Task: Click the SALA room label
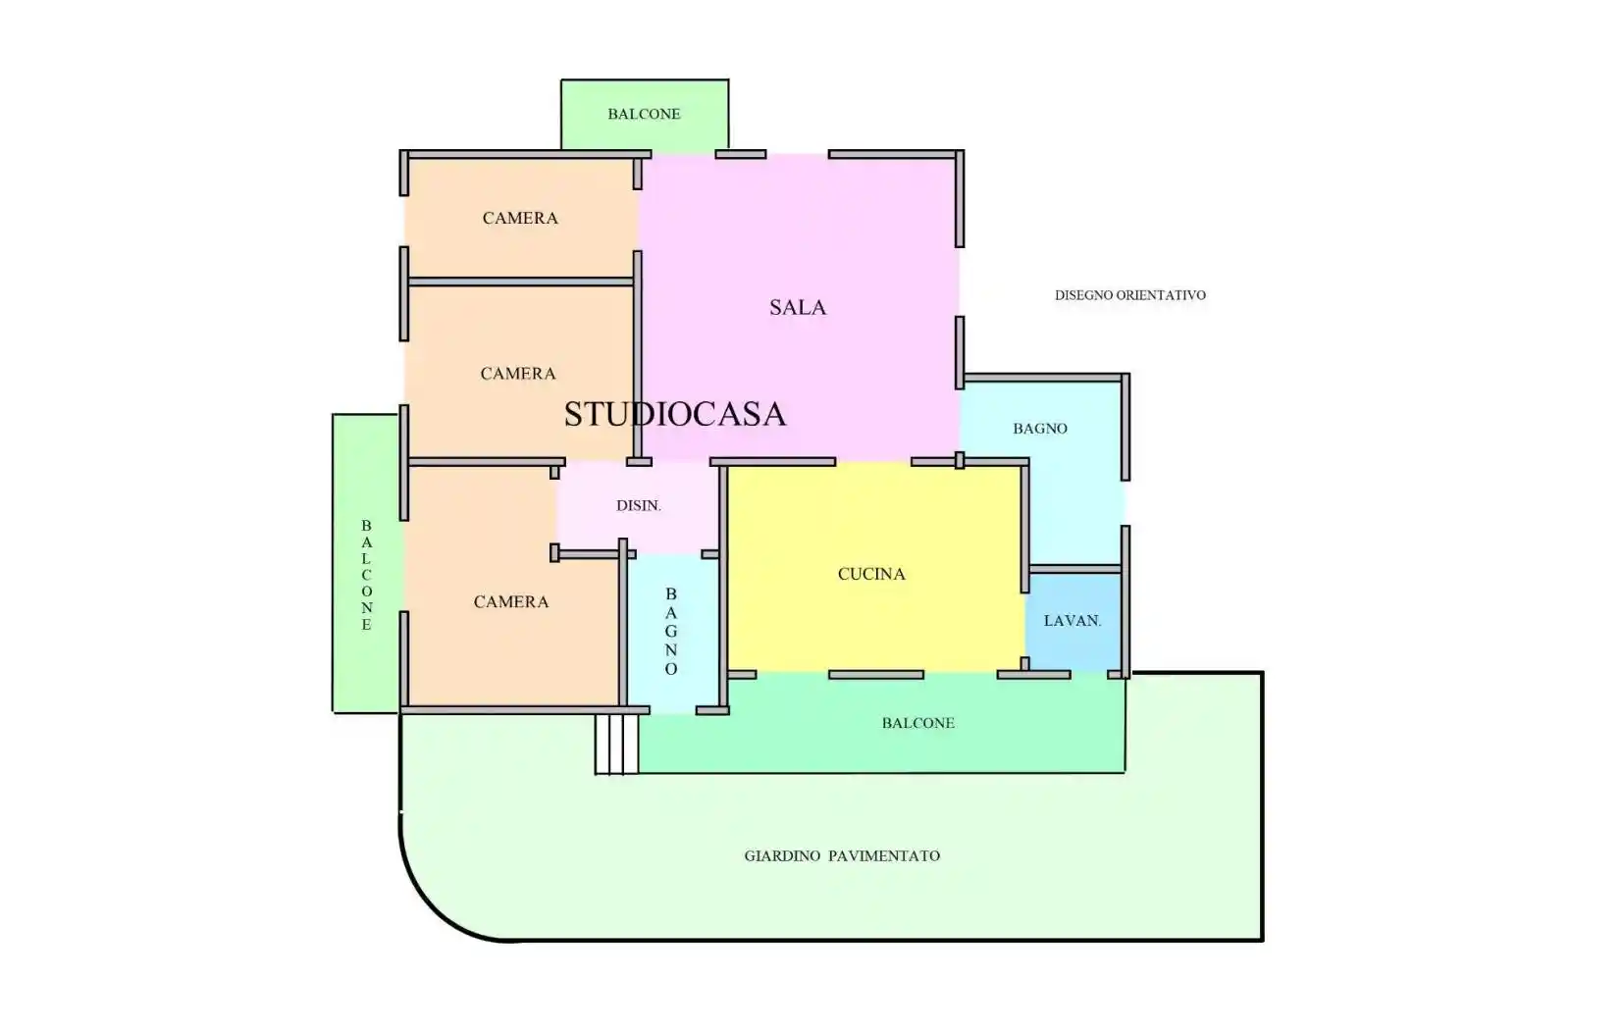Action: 798,307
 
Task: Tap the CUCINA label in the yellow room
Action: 871,574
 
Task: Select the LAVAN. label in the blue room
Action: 1073,621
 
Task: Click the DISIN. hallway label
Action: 639,506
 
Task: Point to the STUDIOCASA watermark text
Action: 675,414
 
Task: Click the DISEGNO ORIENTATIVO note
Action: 1130,295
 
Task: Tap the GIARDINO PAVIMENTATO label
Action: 842,856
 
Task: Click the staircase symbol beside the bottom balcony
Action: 617,744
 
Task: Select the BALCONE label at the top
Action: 644,114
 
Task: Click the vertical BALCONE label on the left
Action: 367,576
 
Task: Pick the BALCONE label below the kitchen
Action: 917,723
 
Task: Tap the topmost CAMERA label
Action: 520,218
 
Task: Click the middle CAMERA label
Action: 518,374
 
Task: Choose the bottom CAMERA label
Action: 511,601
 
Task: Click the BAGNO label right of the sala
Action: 1039,429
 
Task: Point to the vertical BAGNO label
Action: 671,632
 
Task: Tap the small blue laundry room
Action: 1073,622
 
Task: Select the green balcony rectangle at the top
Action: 645,115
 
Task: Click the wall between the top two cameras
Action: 521,282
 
